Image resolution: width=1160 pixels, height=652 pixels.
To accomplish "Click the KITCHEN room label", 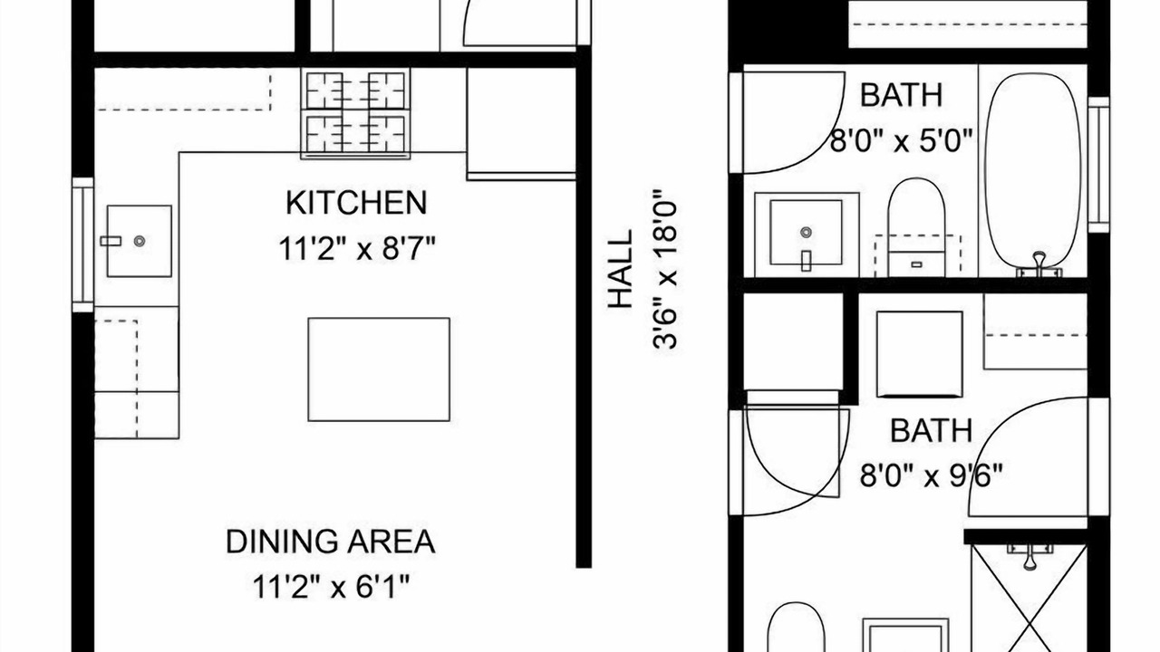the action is [356, 203].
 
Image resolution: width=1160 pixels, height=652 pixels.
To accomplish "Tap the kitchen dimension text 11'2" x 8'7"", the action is [357, 249].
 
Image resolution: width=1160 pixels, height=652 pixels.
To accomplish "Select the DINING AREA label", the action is [331, 542].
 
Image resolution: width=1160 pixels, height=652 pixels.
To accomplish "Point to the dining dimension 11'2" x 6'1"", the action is [331, 586].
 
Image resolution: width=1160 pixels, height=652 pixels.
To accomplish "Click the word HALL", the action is [621, 269].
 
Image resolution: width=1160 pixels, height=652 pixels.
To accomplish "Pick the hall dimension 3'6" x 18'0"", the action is [665, 269].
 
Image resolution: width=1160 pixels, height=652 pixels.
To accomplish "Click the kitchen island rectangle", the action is [379, 369].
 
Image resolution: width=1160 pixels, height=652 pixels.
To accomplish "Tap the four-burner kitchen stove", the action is [355, 113].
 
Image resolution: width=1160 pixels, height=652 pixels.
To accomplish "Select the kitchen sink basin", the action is [140, 241].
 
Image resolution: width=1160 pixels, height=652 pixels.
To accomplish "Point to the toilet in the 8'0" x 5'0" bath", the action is [916, 227].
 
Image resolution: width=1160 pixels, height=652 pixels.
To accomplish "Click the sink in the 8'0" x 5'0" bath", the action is [807, 235].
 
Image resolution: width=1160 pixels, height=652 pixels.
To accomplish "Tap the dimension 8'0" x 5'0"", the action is [902, 140].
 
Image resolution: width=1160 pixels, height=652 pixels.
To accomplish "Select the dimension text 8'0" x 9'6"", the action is [932, 475].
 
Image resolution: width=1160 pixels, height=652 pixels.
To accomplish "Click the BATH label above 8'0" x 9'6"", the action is [931, 430].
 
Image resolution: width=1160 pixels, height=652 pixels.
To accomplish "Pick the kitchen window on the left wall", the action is [82, 244].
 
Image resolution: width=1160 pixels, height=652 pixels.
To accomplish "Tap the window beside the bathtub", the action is [1098, 165].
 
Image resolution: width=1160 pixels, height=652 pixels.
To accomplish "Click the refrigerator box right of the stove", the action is [521, 124].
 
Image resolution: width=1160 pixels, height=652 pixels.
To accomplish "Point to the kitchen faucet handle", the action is [111, 241].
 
